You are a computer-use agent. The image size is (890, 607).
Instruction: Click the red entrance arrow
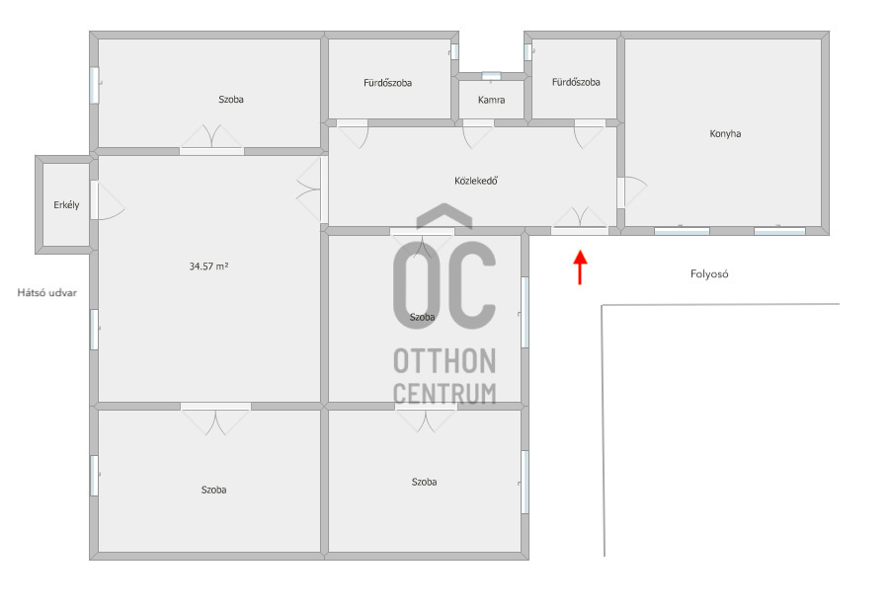tap(580, 267)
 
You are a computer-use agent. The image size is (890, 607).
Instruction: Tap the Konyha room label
tap(725, 134)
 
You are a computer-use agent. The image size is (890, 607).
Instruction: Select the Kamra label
tap(492, 100)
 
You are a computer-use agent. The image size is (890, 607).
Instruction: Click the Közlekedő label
tap(476, 181)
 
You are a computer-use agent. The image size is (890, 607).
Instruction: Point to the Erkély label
tap(66, 204)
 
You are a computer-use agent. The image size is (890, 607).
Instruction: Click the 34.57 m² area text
tap(208, 266)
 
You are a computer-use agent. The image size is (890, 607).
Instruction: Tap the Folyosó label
tap(709, 274)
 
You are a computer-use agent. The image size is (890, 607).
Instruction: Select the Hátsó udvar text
tap(47, 293)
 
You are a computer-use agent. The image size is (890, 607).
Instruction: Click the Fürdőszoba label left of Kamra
tap(387, 83)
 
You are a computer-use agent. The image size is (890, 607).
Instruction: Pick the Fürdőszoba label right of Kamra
tap(576, 82)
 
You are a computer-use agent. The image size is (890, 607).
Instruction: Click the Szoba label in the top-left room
tap(231, 100)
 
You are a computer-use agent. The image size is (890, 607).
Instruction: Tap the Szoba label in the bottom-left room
tap(213, 490)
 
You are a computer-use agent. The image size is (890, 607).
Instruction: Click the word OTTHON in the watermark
tap(445, 361)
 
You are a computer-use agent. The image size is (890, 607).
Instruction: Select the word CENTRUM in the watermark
tap(445, 394)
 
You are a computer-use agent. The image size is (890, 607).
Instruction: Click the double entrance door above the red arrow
tap(580, 222)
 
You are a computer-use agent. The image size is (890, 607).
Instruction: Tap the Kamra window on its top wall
tap(491, 75)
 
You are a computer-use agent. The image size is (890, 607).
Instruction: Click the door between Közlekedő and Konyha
tap(630, 192)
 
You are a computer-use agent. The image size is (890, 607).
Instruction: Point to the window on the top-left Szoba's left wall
tap(95, 85)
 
